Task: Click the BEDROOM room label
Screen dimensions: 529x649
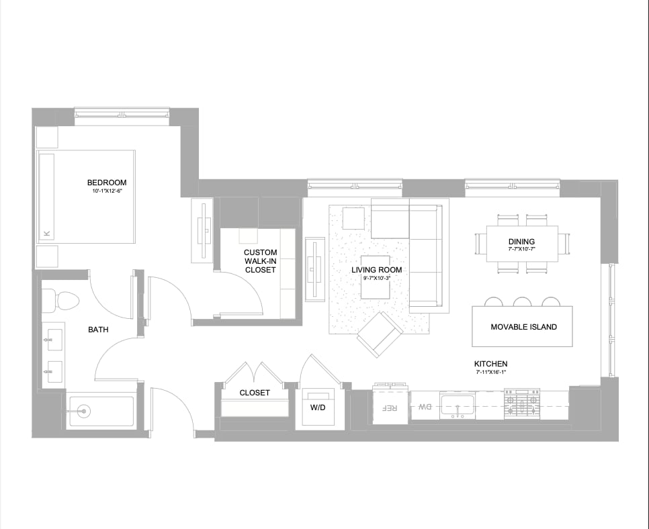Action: tap(106, 183)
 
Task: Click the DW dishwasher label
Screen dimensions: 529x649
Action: tap(425, 407)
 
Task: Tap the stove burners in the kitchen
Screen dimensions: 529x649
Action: tap(522, 403)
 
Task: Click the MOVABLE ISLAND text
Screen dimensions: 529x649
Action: tap(523, 327)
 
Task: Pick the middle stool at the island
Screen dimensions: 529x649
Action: tap(522, 301)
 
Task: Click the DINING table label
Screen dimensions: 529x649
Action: tap(521, 242)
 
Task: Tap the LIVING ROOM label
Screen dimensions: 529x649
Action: tap(376, 270)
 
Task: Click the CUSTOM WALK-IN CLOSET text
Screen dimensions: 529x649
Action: tap(260, 261)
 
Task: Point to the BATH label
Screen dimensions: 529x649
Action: tap(98, 330)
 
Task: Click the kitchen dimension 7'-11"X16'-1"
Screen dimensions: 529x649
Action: tap(490, 372)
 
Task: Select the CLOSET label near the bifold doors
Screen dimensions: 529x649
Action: tap(255, 393)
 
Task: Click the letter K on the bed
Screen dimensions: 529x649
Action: tap(46, 233)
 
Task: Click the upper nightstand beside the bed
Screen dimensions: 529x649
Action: tap(47, 137)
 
